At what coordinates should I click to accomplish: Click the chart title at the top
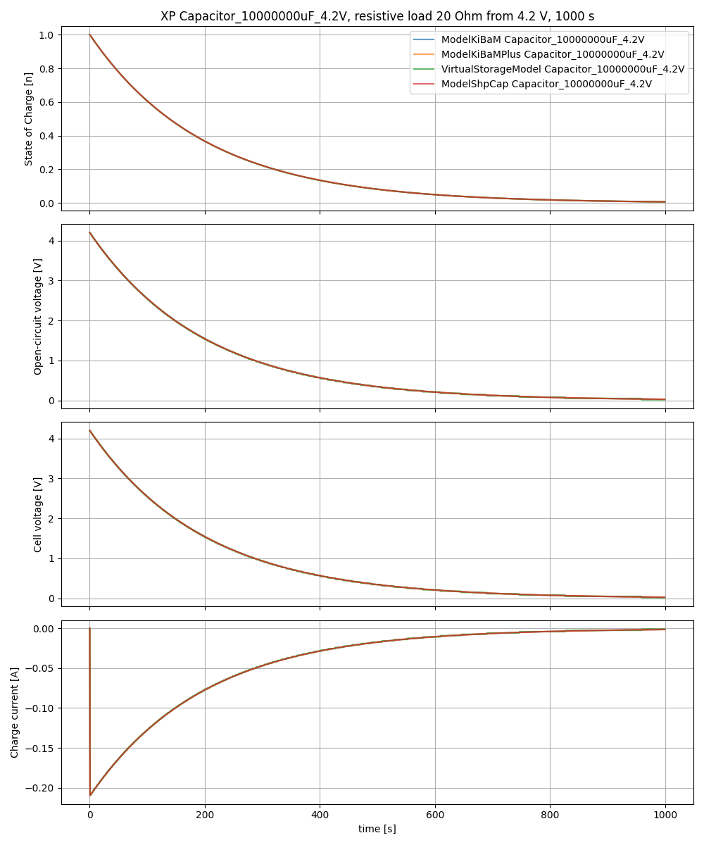tap(377, 16)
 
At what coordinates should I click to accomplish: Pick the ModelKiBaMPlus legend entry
tap(553, 54)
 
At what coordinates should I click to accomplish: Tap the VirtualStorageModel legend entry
tap(562, 69)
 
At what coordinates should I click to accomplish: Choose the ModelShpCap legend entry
tap(546, 84)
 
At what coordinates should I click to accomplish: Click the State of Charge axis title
tap(29, 119)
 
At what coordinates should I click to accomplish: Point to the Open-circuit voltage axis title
tap(38, 316)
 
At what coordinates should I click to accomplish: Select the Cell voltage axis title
tap(38, 514)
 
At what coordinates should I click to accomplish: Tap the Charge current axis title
tap(15, 713)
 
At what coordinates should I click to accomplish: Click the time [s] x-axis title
tap(377, 829)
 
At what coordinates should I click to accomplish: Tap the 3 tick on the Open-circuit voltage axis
tap(51, 281)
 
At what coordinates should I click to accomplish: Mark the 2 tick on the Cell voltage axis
tap(51, 519)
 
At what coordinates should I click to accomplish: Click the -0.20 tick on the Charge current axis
tap(42, 788)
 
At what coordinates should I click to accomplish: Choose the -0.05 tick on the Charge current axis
tap(42, 668)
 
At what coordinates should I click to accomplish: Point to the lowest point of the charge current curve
tap(91, 795)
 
